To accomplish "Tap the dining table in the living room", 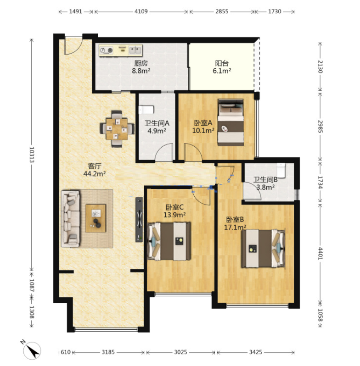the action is coord(117,129).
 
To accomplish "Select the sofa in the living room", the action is coord(70,219).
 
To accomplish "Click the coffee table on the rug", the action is coord(96,218).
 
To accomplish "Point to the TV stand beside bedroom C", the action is coord(139,219).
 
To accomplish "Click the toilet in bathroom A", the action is coord(146,110).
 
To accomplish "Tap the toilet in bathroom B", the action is coord(281,171).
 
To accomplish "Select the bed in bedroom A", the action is coord(231,122).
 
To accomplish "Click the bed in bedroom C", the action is coord(169,241).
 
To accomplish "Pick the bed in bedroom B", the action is coord(264,249).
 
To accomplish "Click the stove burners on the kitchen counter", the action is coord(107,50).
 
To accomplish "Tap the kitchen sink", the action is coord(135,50).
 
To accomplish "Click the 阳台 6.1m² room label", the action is coord(222,67).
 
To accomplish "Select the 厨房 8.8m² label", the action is coord(141,67).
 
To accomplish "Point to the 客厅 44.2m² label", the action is coord(95,170).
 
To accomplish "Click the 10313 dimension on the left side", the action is coord(32,155).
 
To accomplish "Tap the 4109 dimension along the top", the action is coord(141,11).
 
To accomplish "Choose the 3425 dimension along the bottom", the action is coord(255,352).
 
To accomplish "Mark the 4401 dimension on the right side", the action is coord(320,254).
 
